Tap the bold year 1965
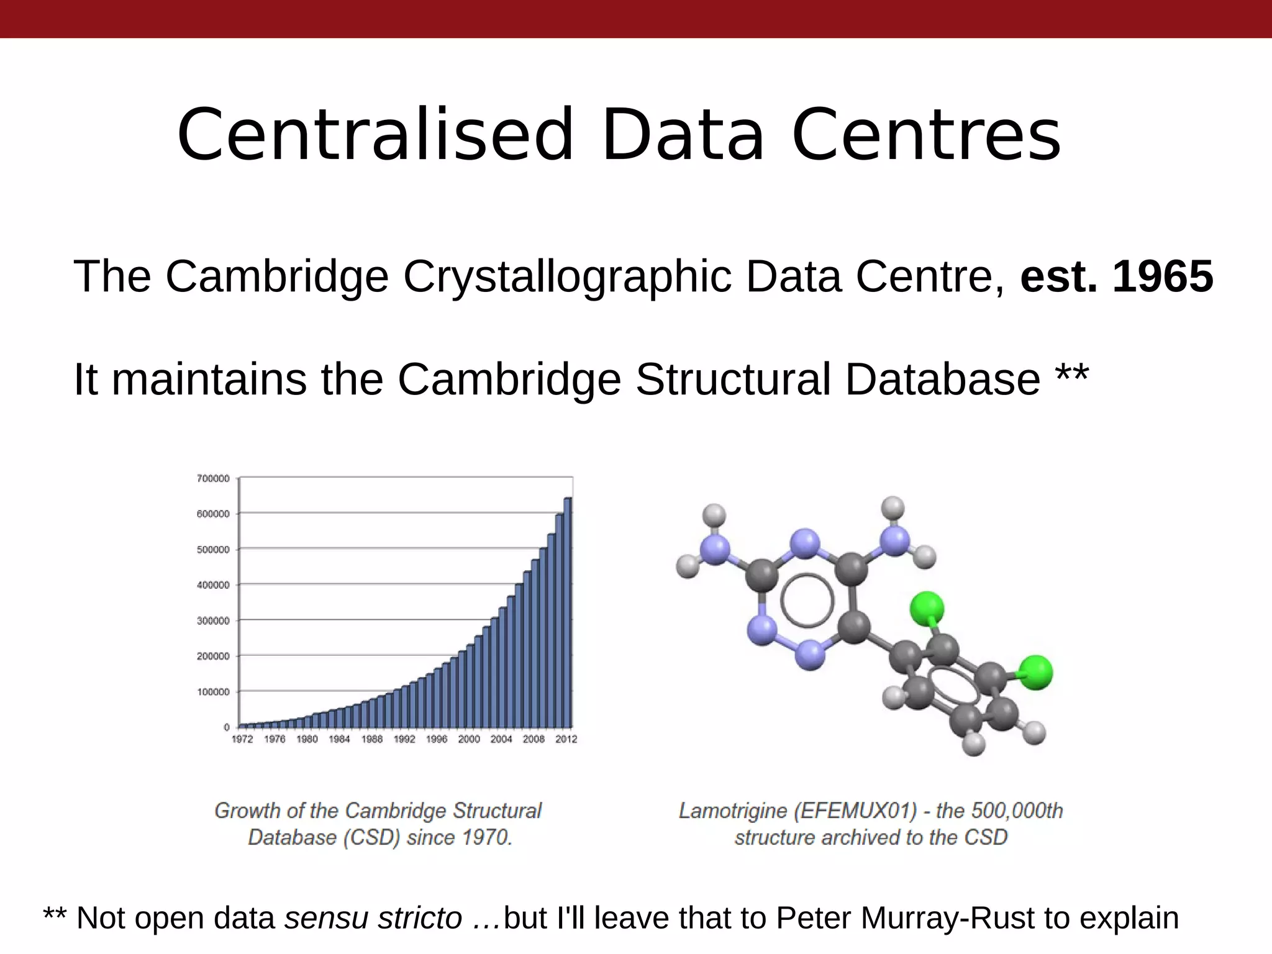(x=1162, y=276)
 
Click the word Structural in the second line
(x=733, y=379)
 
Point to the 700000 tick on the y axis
(x=213, y=478)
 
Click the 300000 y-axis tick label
(x=213, y=620)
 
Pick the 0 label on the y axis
(x=227, y=727)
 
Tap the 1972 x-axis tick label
(x=242, y=739)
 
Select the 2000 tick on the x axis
(x=469, y=739)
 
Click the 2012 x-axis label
(x=566, y=739)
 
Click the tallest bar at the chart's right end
(x=568, y=612)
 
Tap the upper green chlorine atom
(x=927, y=607)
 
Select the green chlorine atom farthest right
(x=1035, y=672)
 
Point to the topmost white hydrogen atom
(x=893, y=507)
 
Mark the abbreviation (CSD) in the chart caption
(x=371, y=837)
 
